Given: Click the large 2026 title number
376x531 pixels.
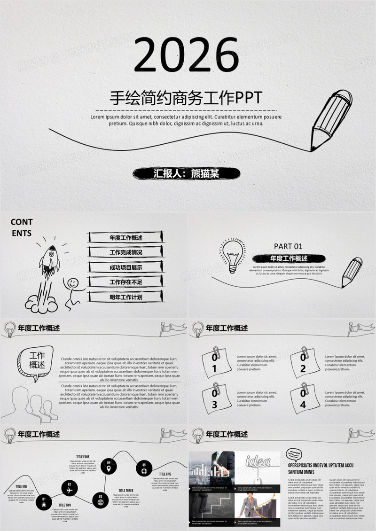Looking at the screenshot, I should [187, 55].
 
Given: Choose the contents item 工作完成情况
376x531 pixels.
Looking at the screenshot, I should [125, 252].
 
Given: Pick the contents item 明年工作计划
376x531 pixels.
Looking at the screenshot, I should [125, 297].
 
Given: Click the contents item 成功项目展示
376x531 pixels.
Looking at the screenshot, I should [125, 267].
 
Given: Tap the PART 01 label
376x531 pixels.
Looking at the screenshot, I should [288, 246].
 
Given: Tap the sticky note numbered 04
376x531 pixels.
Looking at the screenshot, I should [304, 399].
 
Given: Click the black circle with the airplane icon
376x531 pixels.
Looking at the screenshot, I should [70, 489].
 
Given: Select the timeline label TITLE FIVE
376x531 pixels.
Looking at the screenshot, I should [165, 474].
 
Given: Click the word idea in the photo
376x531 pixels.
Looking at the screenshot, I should [258, 459].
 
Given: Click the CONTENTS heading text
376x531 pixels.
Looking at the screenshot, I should [22, 226].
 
